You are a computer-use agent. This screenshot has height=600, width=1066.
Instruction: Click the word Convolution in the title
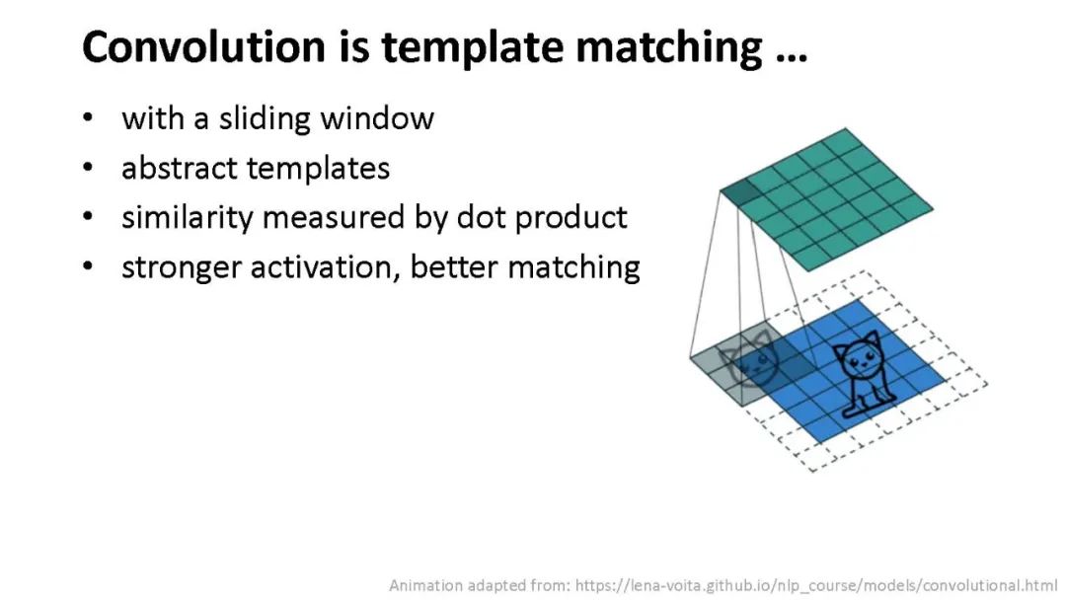point(204,47)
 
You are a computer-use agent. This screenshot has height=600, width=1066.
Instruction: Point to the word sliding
point(265,118)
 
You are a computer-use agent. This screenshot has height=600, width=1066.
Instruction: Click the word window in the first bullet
point(377,118)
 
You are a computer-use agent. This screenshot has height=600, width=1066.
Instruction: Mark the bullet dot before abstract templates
point(88,167)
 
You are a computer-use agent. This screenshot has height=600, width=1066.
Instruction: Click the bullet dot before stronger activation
point(88,265)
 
